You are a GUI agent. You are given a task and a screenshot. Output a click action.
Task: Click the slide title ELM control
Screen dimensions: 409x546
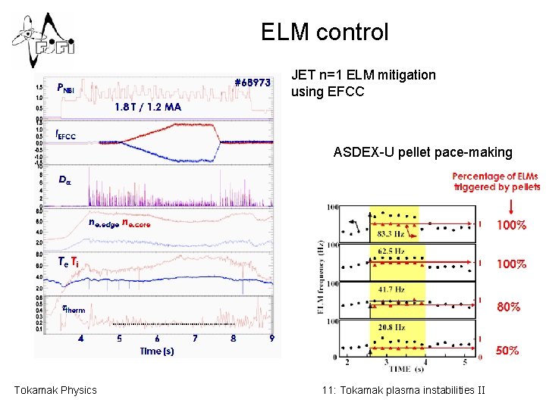pos(324,32)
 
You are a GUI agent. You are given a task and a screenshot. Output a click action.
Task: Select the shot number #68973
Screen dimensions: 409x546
pos(252,83)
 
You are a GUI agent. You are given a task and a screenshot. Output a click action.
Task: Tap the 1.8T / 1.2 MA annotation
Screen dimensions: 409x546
pos(148,107)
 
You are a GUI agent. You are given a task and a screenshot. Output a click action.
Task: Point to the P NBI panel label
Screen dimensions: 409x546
pos(66,87)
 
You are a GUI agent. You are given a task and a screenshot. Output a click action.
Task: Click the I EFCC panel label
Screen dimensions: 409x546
pos(65,135)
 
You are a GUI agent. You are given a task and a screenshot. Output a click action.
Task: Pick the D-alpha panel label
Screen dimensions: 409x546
pos(64,180)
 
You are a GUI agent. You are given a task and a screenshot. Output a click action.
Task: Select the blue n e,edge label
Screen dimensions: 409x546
pos(103,223)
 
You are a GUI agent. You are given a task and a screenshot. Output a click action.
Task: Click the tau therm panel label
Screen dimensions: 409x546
pos(74,308)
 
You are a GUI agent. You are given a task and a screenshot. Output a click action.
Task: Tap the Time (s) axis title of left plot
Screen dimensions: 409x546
pos(157,351)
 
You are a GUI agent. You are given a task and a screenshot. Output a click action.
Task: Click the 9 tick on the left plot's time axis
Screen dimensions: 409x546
pos(271,339)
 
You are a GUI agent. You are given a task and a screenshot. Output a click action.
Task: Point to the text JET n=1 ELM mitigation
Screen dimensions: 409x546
pos(363,75)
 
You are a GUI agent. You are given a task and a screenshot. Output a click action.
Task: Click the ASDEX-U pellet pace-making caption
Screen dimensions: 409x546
pos(422,153)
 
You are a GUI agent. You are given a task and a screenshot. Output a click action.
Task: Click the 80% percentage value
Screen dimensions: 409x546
pos(507,308)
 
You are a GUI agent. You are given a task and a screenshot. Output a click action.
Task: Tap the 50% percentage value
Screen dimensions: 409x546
pos(507,351)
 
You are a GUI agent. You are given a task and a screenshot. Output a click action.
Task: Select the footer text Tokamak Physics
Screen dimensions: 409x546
pos(55,390)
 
